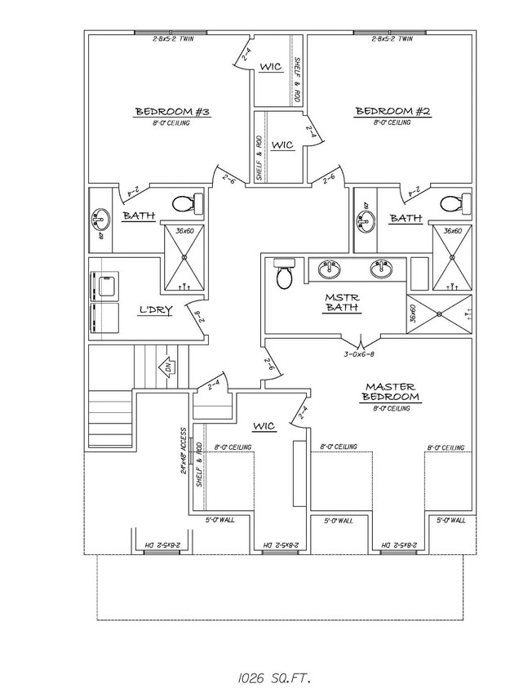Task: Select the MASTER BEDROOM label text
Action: pyautogui.click(x=392, y=391)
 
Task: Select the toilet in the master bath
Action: pyautogui.click(x=284, y=276)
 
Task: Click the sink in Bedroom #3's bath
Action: pyautogui.click(x=100, y=219)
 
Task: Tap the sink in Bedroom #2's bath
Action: pyautogui.click(x=365, y=219)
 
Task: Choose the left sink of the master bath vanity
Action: pyautogui.click(x=330, y=269)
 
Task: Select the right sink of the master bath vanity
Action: pyautogui.click(x=380, y=269)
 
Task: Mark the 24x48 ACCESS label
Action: pyautogui.click(x=185, y=450)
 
